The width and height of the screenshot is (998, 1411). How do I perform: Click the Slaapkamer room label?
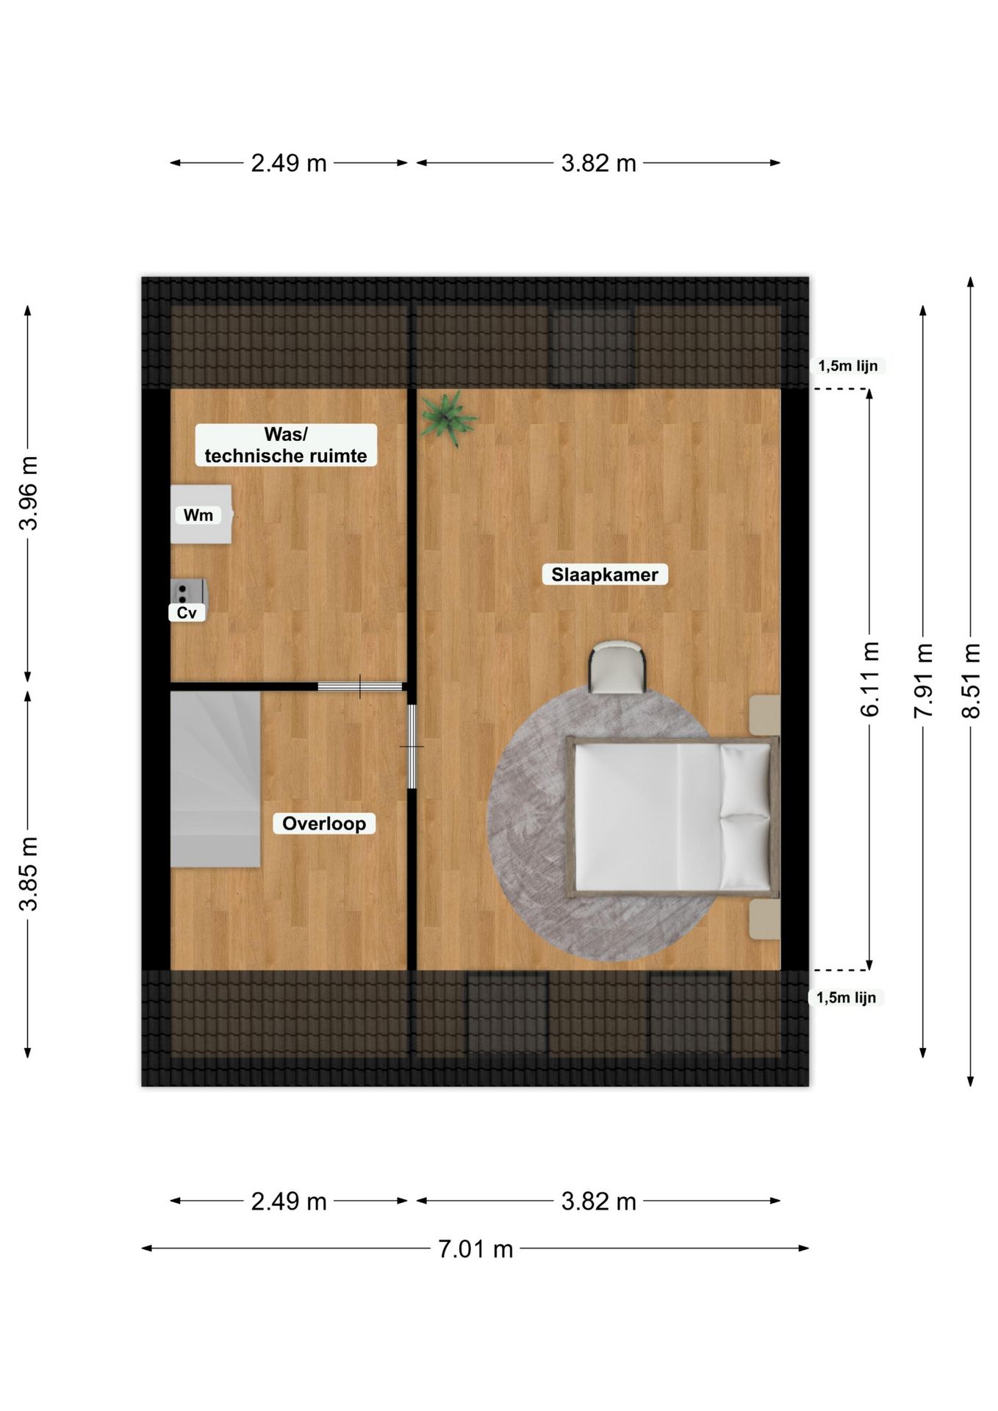coord(605,575)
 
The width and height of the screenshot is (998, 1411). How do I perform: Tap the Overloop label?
coord(324,824)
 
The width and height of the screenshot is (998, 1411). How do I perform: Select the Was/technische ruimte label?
coord(286,445)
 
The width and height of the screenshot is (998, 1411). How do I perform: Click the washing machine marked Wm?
coord(201,514)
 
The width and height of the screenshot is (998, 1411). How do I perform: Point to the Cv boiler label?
coord(187,613)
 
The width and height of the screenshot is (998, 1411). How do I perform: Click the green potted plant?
coord(448,417)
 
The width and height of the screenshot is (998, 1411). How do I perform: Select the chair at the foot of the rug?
coord(617,667)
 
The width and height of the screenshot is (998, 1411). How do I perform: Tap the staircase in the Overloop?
coord(215,779)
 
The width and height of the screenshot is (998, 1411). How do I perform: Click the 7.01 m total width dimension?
coord(475,1249)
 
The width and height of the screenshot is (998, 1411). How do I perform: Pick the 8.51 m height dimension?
coord(971,681)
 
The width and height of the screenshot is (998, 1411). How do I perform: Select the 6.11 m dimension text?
coord(869,680)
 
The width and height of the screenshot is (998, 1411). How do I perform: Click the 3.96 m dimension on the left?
coord(28,493)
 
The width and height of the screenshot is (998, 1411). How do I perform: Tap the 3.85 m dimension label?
coord(28,874)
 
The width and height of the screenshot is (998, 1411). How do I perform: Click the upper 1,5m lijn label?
coord(848,366)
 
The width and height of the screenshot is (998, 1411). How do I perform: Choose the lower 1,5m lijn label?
coord(846,997)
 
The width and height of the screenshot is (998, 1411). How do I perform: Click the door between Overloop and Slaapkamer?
coord(412,747)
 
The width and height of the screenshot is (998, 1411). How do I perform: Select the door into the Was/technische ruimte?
coord(360,686)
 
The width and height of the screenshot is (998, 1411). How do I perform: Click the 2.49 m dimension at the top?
coord(289,163)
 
